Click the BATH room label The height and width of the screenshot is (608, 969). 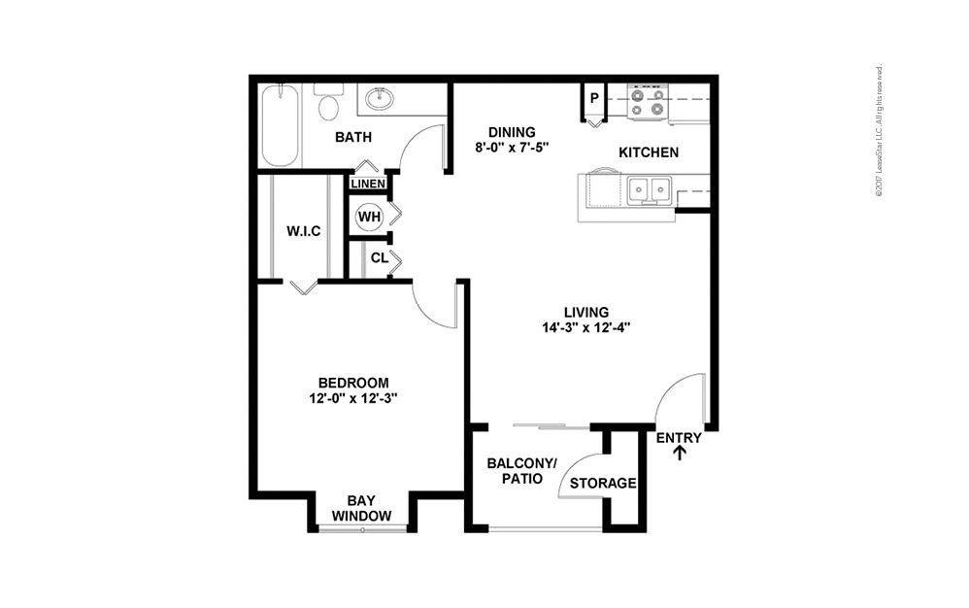(352, 137)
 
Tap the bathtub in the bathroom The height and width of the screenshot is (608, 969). (281, 125)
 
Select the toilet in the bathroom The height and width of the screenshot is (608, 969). (328, 103)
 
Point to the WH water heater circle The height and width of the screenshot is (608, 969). (369, 216)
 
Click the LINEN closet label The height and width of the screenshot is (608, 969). (368, 184)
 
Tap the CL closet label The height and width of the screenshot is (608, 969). (379, 258)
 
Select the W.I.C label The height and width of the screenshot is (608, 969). (303, 231)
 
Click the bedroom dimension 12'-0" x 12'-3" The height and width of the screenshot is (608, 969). (353, 397)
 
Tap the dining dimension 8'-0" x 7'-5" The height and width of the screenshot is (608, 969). (512, 148)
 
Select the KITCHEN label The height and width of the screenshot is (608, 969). (649, 152)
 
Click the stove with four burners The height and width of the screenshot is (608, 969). (648, 102)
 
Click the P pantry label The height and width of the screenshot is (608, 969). (593, 99)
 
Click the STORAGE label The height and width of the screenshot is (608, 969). (602, 483)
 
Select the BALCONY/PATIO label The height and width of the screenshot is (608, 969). (521, 471)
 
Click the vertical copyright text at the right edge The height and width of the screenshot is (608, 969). (879, 131)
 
